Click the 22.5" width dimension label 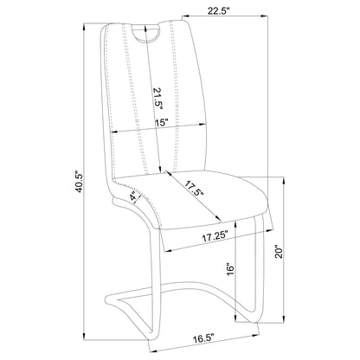218,11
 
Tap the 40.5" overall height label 79,182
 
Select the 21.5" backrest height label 158,99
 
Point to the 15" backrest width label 161,122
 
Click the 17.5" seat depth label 195,189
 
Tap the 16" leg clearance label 230,269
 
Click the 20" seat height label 279,252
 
